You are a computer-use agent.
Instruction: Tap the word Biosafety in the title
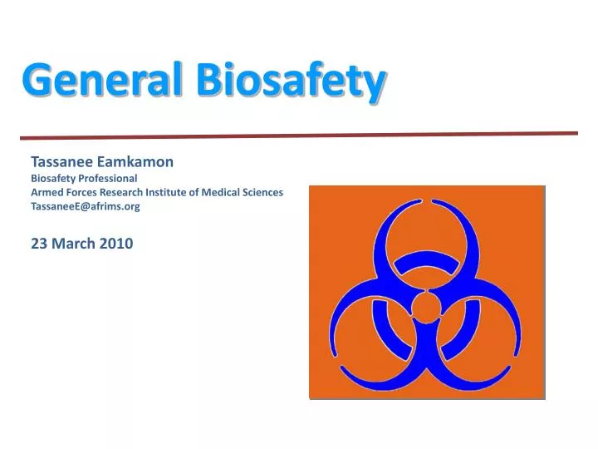pyautogui.click(x=292, y=81)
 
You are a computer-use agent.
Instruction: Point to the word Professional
pyautogui.click(x=106, y=177)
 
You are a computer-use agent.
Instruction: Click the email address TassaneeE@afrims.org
pyautogui.click(x=86, y=207)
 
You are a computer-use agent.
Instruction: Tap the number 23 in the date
pyautogui.click(x=38, y=244)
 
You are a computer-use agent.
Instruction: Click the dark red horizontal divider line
pyautogui.click(x=299, y=136)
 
